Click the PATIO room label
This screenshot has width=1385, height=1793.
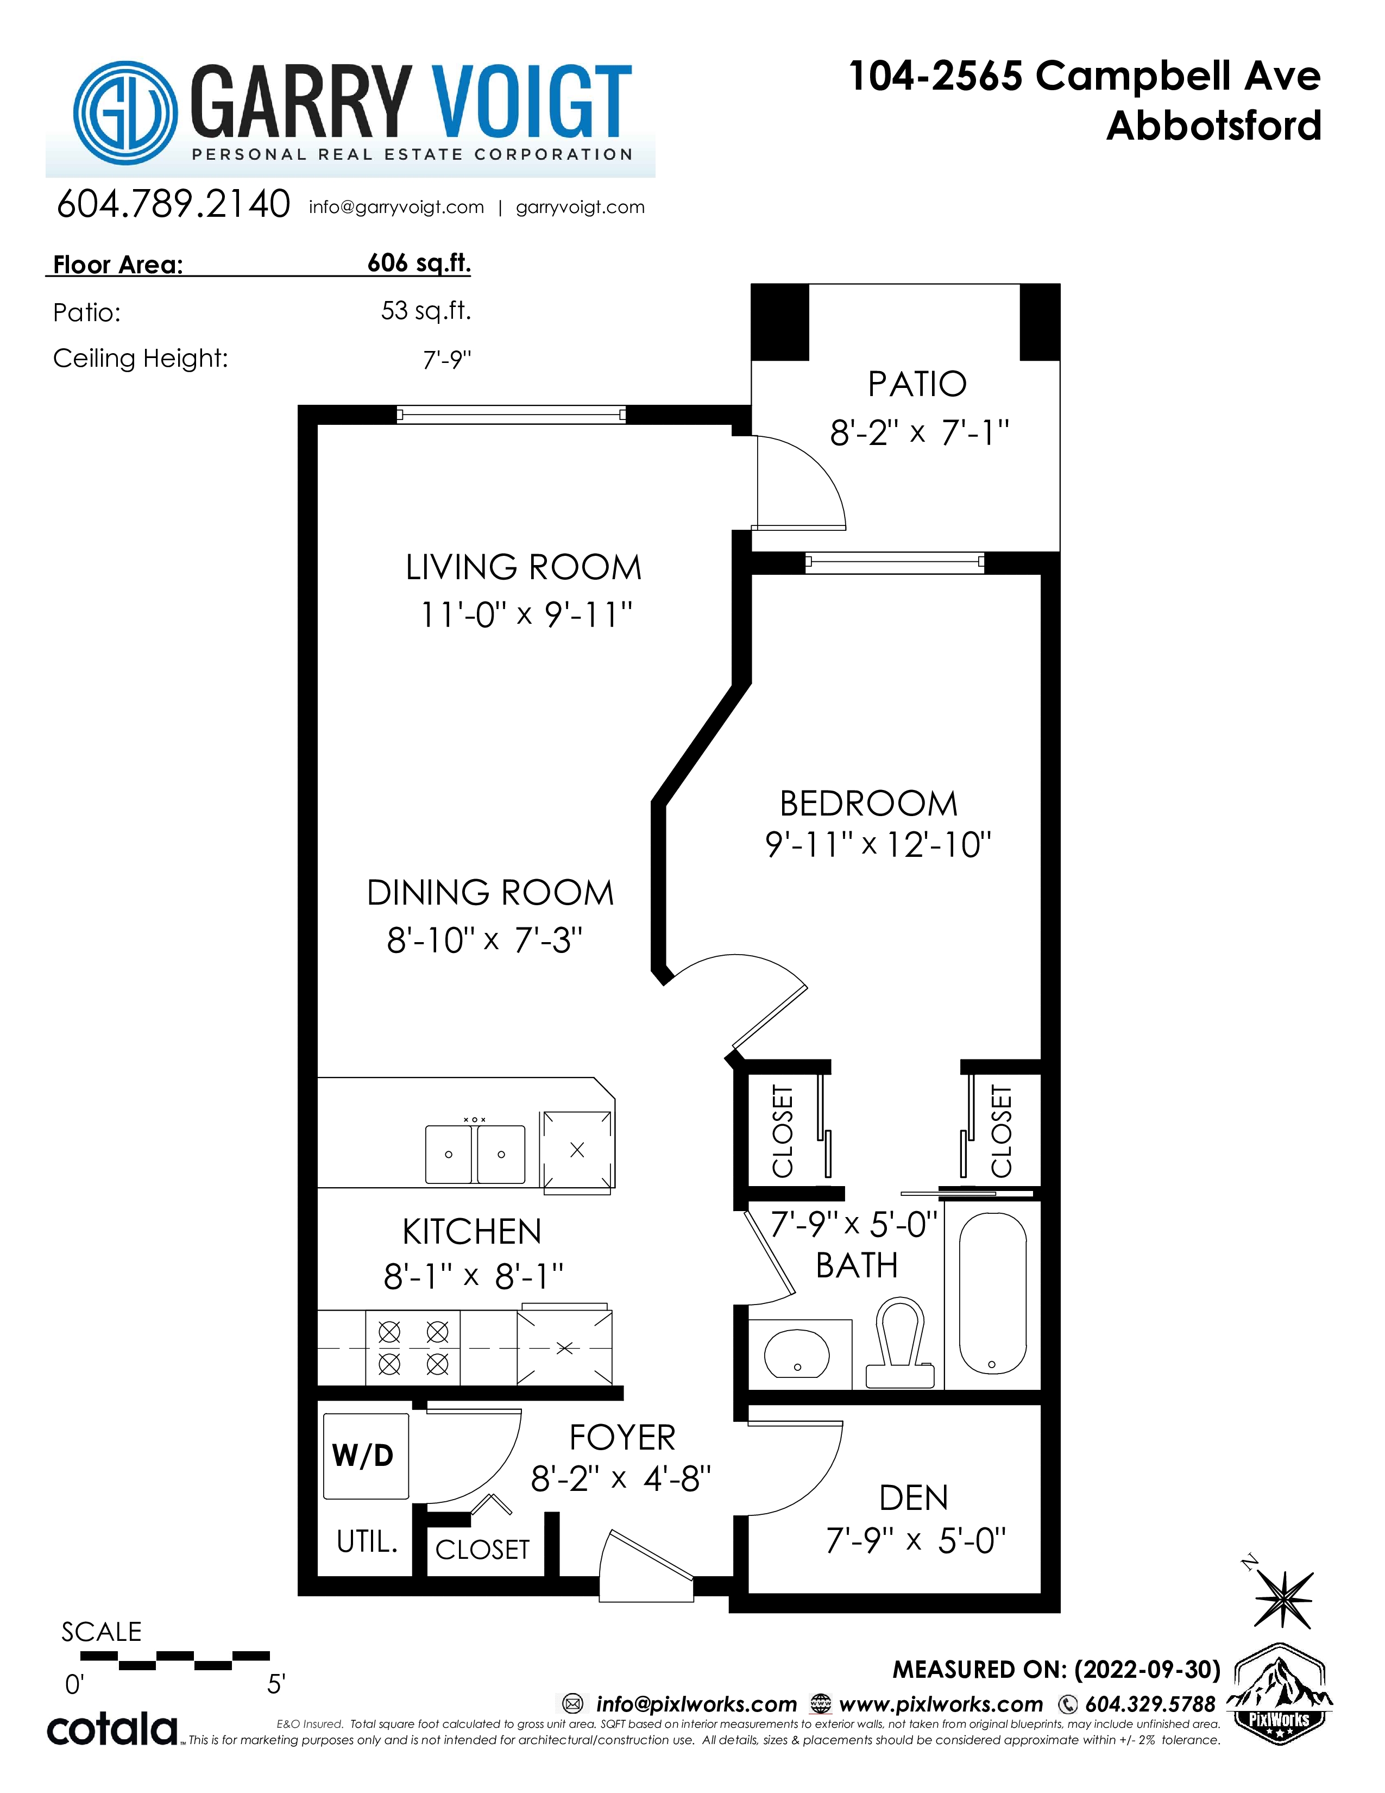[917, 384]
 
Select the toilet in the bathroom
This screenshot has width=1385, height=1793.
[900, 1344]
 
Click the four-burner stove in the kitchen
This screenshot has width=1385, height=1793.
[413, 1348]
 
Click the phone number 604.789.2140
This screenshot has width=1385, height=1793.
[173, 204]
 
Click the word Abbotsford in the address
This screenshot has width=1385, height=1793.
[1213, 127]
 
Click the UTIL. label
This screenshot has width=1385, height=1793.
[367, 1542]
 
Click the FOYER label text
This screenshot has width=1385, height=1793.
[623, 1438]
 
